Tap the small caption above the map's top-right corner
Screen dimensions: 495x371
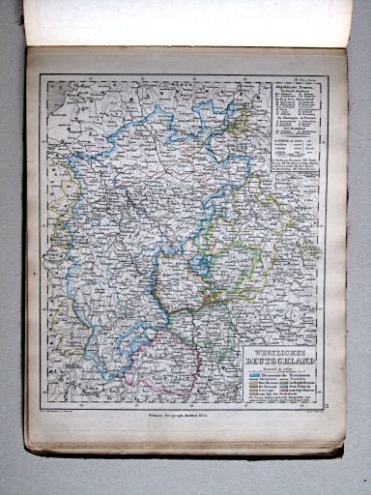click(x=307, y=73)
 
